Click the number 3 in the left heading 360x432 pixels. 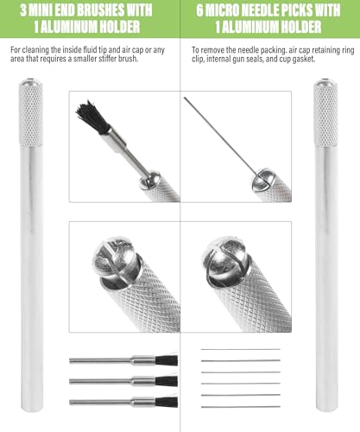pos(24,10)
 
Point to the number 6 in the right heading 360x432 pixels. pos(200,10)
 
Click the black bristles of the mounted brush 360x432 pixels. pos(92,118)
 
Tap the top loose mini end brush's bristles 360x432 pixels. pos(167,360)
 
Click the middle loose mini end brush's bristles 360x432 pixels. pos(167,381)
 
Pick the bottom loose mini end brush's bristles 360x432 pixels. pos(167,402)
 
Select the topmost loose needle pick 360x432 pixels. pos(241,349)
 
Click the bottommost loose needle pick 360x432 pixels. pos(241,407)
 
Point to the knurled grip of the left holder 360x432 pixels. pos(31,114)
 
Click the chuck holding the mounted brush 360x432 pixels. pos(149,180)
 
